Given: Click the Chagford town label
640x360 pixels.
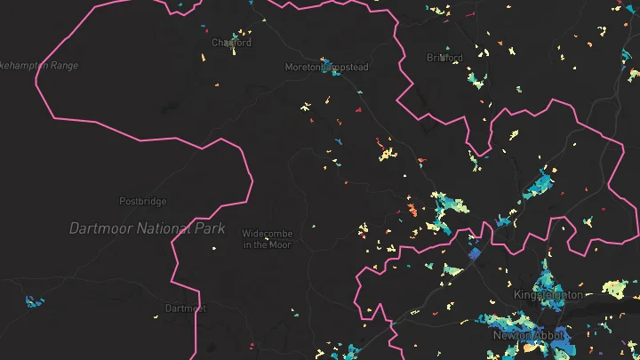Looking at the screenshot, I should coord(231,43).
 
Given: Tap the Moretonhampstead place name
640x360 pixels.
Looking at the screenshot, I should coord(326,68).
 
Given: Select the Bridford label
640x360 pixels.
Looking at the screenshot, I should coord(444,58).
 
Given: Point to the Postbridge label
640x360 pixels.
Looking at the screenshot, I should coord(143,202).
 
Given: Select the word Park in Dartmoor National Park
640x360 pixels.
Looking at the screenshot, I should coord(207,228).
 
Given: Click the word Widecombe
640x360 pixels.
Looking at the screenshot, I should coord(267,234).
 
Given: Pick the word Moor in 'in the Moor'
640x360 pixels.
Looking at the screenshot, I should coord(281,244).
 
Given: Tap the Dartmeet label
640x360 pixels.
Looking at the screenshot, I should coord(185,308).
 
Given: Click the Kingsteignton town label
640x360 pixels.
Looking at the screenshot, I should coord(548,294).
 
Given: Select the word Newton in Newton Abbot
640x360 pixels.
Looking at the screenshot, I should coord(514,335).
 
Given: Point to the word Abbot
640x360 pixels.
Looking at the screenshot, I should coord(549,335).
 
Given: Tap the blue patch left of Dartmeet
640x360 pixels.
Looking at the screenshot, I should coord(33,302).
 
